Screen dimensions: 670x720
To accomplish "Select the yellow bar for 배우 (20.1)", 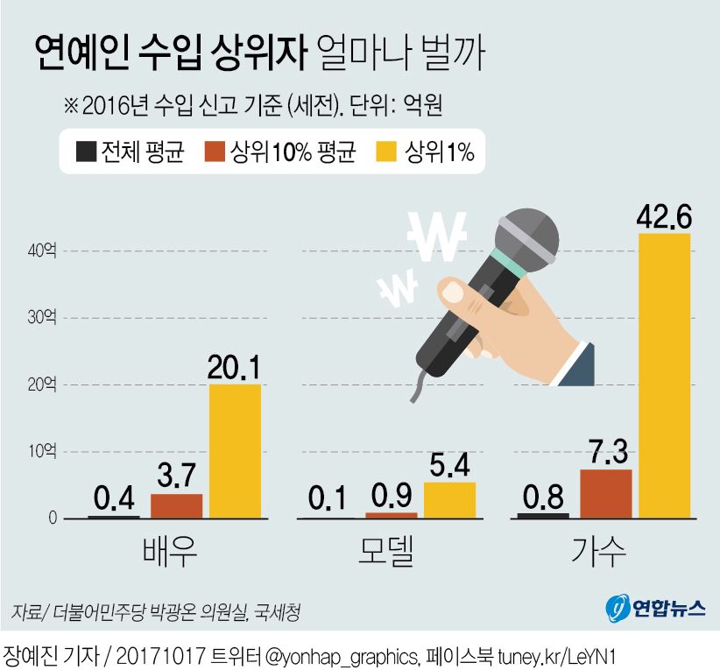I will (235, 451).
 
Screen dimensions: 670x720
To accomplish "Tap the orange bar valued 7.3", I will (605, 493).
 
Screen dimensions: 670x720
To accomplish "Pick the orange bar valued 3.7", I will (176, 505).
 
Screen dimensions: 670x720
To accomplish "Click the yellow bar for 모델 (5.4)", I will (449, 500).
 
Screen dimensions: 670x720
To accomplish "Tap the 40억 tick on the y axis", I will (41, 251).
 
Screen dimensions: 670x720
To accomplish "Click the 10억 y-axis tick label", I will (41, 452).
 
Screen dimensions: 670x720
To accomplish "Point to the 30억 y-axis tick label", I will (41, 318).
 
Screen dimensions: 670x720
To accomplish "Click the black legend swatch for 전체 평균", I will (85, 152).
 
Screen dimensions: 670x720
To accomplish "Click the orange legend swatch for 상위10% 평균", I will (215, 152).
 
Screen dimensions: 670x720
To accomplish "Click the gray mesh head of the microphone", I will (526, 236).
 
